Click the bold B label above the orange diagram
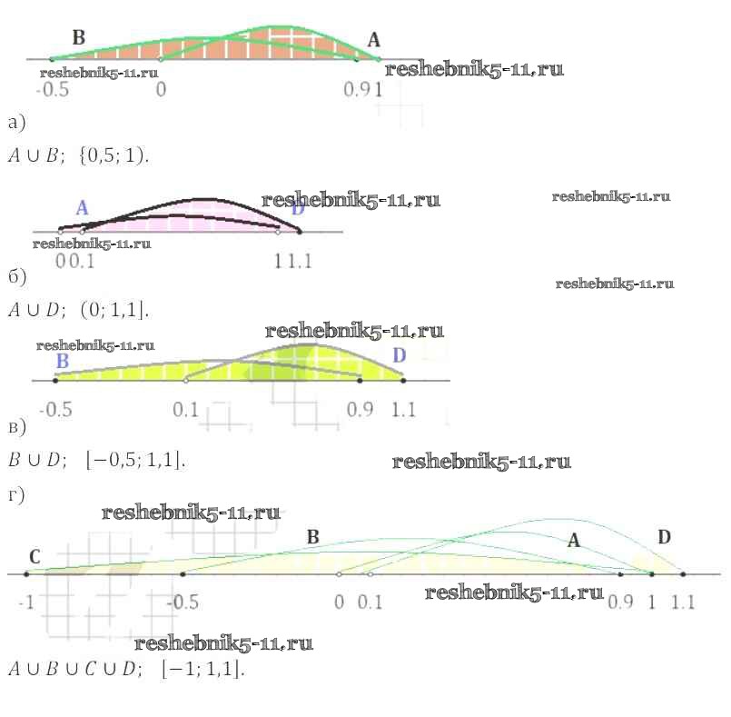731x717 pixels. (x=78, y=37)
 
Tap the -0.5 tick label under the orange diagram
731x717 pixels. (x=52, y=91)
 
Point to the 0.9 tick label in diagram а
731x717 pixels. (x=355, y=91)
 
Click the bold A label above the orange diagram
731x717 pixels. (x=374, y=39)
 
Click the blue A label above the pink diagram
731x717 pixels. (x=82, y=208)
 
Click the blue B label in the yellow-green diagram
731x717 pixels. (x=62, y=361)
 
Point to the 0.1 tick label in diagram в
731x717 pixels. (x=185, y=410)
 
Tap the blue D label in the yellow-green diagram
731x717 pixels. (x=399, y=355)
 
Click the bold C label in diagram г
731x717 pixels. (x=35, y=556)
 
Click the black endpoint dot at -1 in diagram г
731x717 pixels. (x=26, y=574)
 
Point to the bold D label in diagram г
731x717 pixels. (x=664, y=537)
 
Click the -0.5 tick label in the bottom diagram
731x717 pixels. (x=184, y=602)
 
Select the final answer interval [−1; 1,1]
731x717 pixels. (x=203, y=670)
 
